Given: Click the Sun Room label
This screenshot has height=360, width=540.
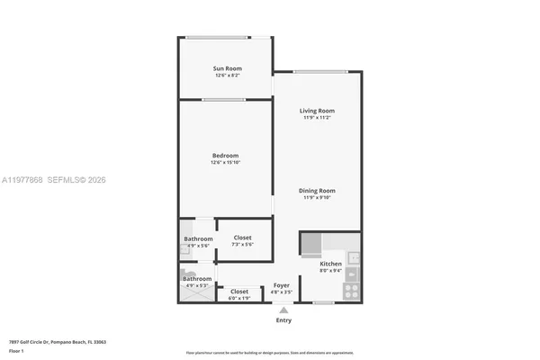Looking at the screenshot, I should click(x=226, y=68).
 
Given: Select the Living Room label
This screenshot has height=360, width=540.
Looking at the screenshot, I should click(x=318, y=111).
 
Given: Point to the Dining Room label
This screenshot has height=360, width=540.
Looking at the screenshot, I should click(x=318, y=190).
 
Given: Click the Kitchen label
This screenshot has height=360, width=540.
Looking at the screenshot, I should click(x=330, y=264).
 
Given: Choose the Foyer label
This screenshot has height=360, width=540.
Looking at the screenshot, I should click(x=282, y=285).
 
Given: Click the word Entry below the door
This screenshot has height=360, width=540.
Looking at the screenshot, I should click(x=283, y=319).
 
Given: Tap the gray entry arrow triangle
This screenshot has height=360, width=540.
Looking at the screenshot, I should click(x=283, y=310).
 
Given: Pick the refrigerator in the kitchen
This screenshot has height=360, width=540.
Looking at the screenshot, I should click(x=311, y=244).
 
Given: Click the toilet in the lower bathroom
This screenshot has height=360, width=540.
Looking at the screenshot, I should click(x=188, y=274).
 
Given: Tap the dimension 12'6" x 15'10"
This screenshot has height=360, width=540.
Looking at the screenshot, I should click(x=226, y=163).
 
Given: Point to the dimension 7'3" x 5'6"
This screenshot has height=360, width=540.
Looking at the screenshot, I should click(x=243, y=245).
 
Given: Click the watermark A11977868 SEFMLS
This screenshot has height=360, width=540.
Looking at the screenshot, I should click(x=54, y=181).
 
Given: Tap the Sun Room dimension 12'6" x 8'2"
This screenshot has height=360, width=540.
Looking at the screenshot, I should click(x=226, y=76).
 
